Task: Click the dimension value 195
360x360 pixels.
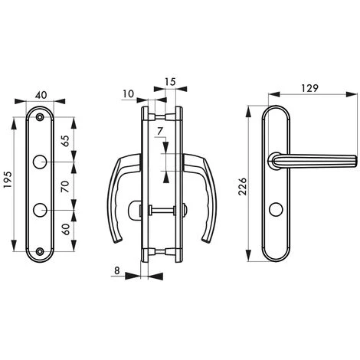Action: point(8,179)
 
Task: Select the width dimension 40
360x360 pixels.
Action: point(41,95)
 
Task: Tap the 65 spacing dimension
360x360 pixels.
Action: point(65,141)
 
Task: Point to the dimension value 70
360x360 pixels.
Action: point(65,186)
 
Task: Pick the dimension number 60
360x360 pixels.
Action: point(65,229)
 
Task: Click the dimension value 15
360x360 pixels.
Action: point(170,82)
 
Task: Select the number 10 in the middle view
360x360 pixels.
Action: point(128,94)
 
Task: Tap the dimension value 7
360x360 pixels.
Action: point(160,131)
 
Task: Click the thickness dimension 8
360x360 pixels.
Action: point(116,270)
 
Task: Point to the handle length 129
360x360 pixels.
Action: point(309,88)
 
